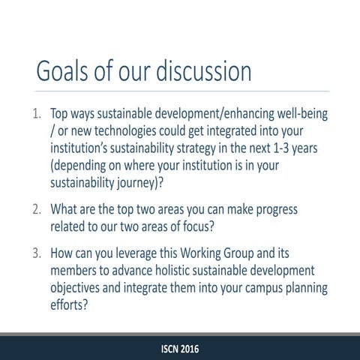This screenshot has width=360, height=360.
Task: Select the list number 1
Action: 37,116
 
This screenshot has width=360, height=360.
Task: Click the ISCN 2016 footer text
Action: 180,349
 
